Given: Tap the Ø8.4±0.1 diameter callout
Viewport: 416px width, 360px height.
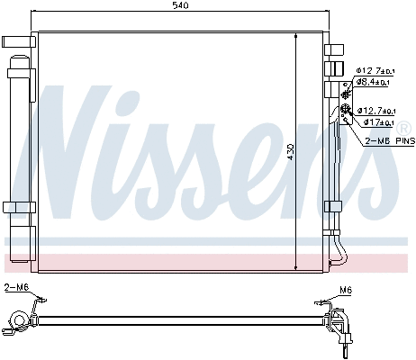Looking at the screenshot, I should (x=373, y=82).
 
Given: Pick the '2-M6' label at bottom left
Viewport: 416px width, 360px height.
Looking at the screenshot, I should (x=15, y=287).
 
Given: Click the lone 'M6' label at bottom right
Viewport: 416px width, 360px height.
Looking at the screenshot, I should (x=345, y=290).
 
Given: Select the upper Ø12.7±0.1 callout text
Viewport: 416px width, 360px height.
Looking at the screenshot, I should (x=373, y=70).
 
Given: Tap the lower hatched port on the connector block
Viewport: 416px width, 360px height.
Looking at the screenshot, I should (x=345, y=112).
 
